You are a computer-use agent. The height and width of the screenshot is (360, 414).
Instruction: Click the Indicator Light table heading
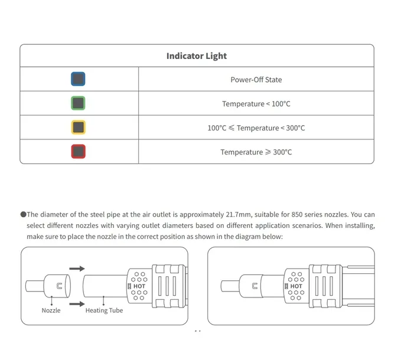click(197, 56)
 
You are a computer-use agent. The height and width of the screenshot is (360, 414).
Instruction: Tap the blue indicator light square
click(79, 79)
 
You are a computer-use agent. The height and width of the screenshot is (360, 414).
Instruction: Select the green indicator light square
click(79, 103)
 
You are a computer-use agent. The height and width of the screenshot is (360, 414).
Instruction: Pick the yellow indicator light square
click(79, 127)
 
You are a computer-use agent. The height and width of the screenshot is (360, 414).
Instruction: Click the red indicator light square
click(79, 152)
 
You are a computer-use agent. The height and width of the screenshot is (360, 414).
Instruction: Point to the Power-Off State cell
click(256, 80)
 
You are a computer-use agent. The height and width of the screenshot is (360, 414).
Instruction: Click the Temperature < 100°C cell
click(256, 104)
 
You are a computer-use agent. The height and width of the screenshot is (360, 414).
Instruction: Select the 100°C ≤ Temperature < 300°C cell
click(256, 128)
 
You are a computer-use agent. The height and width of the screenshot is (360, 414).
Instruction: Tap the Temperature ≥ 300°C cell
click(256, 152)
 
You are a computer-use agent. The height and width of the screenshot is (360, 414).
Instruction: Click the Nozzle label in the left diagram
click(51, 310)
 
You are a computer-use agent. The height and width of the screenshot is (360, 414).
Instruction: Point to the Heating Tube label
click(104, 310)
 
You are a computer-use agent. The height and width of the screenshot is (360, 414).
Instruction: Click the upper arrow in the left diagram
click(77, 269)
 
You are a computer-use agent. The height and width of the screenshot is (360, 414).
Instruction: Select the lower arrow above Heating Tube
click(77, 304)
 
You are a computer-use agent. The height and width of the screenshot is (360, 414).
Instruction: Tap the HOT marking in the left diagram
click(139, 286)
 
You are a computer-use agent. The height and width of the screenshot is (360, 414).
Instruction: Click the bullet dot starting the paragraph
click(22, 215)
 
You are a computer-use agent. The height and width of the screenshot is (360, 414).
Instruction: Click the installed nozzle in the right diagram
click(249, 287)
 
